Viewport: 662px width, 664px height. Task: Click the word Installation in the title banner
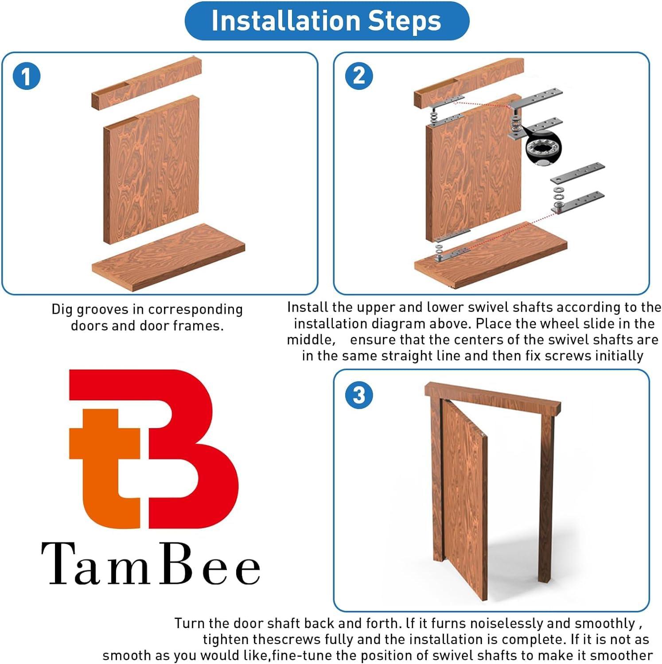click(x=286, y=21)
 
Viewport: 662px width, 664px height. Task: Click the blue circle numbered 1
click(x=26, y=76)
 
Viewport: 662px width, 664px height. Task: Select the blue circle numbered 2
click(x=358, y=76)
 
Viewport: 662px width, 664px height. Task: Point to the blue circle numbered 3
click(x=358, y=394)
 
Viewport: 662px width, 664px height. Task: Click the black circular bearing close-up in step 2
click(x=543, y=148)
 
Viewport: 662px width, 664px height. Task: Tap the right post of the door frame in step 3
click(x=546, y=496)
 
